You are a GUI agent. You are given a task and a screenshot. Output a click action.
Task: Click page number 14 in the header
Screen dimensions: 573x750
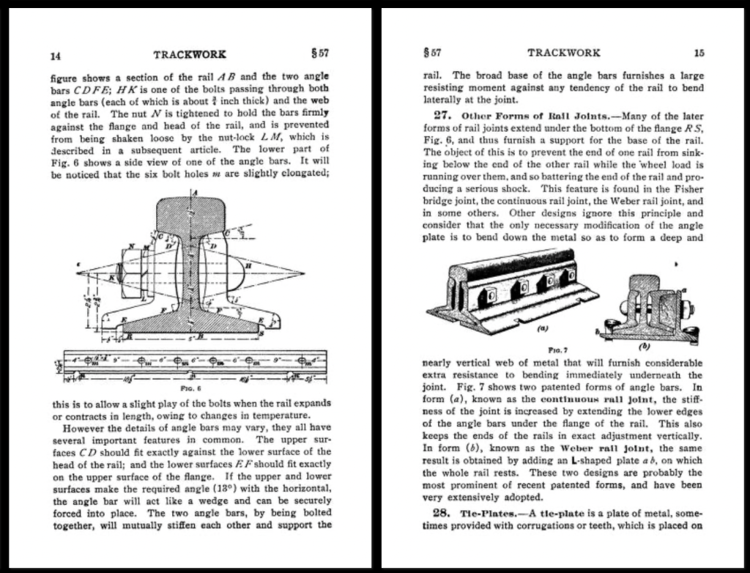55,55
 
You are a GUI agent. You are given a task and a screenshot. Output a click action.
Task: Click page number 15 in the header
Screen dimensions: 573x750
699,53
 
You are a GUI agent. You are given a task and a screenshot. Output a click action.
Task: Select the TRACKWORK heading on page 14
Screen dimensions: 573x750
190,54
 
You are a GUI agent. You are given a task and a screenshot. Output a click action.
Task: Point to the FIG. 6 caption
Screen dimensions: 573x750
190,388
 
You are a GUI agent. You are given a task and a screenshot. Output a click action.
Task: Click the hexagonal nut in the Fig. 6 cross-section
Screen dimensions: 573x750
133,273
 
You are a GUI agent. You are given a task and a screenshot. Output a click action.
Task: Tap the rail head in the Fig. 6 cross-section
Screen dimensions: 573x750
193,214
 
